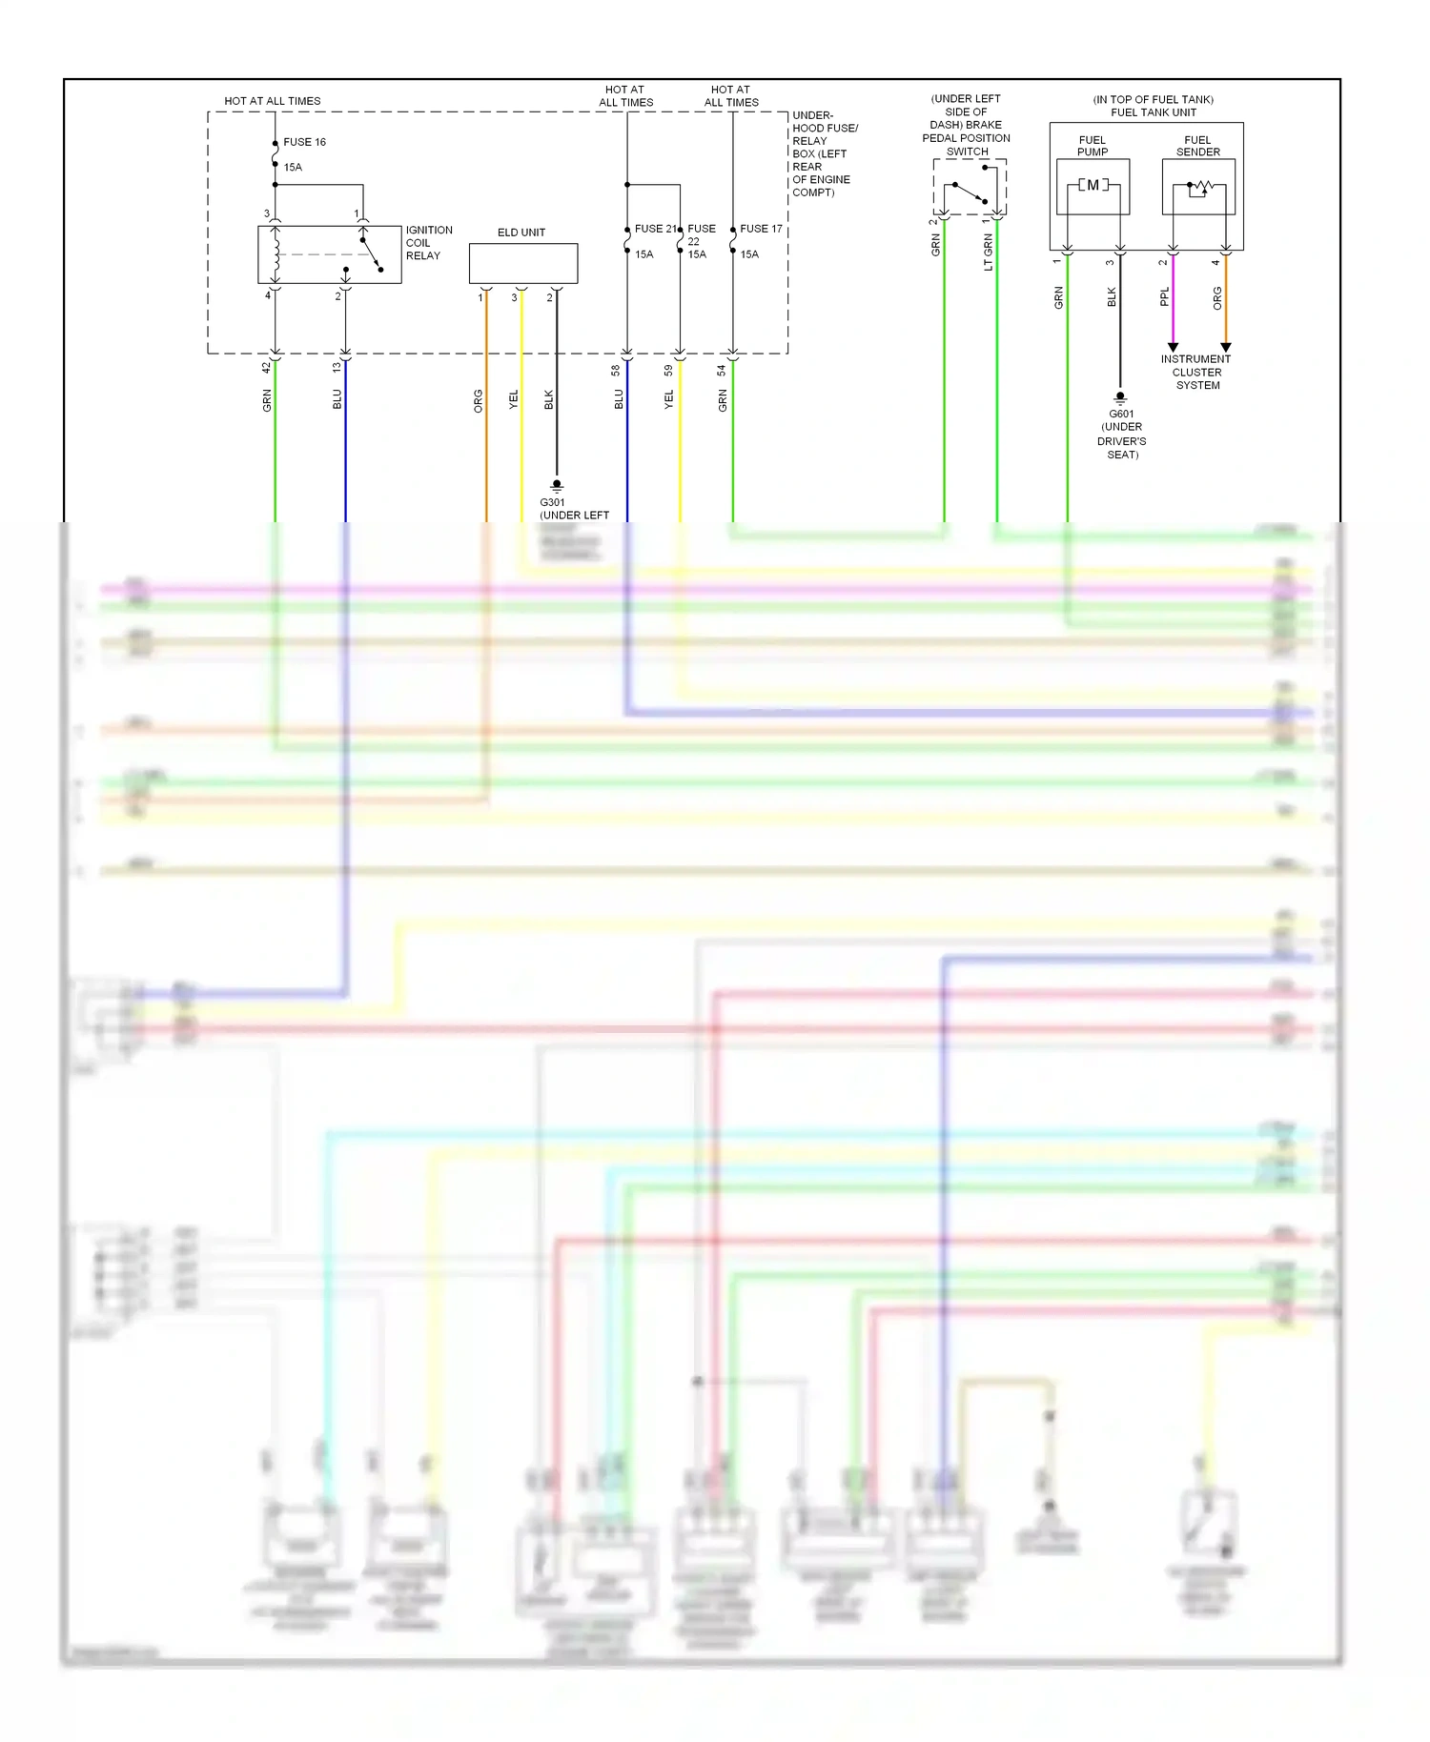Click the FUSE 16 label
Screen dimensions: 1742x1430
pyautogui.click(x=304, y=142)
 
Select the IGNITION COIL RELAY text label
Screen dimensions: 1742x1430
pyautogui.click(x=428, y=243)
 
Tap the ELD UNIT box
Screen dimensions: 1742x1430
pyautogui.click(x=522, y=263)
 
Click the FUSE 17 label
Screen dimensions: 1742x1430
pyautogui.click(x=761, y=229)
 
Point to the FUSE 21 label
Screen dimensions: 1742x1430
pyautogui.click(x=655, y=229)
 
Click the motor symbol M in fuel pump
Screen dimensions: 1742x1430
pyautogui.click(x=1093, y=185)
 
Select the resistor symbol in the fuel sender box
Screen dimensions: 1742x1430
pyautogui.click(x=1199, y=188)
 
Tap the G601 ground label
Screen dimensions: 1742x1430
pyautogui.click(x=1121, y=415)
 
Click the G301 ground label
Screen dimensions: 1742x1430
pyautogui.click(x=552, y=502)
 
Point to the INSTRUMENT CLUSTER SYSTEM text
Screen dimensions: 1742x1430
pyautogui.click(x=1196, y=373)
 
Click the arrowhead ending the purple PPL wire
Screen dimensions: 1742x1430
pyautogui.click(x=1173, y=347)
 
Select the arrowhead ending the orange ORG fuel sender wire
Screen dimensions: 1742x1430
pyautogui.click(x=1226, y=347)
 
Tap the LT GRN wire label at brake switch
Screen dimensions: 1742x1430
pyautogui.click(x=988, y=253)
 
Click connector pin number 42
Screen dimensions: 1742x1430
pyautogui.click(x=267, y=367)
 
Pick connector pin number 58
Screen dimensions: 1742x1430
pyautogui.click(x=616, y=370)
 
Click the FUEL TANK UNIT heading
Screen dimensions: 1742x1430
pyautogui.click(x=1153, y=112)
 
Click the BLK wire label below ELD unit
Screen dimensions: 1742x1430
pyautogui.click(x=549, y=400)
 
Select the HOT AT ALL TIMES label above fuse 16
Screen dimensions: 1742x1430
pyautogui.click(x=272, y=101)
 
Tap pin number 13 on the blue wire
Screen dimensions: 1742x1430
pyautogui.click(x=337, y=367)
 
